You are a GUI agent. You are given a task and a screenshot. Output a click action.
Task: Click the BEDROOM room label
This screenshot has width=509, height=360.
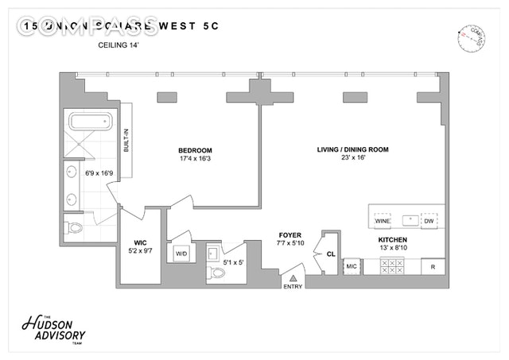click(195, 150)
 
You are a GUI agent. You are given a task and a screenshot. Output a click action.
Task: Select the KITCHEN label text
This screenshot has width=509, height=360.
click(393, 239)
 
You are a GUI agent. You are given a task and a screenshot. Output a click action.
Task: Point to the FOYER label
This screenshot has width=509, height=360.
click(288, 235)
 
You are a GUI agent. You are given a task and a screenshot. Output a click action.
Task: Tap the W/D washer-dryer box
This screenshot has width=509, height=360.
click(181, 254)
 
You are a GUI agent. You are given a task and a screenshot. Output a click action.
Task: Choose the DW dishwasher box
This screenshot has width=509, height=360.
click(429, 220)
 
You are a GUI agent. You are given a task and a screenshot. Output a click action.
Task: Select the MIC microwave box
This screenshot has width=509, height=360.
click(352, 266)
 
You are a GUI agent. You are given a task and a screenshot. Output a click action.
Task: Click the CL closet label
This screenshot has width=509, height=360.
click(331, 254)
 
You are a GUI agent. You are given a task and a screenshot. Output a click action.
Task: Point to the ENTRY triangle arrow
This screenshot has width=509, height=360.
click(293, 278)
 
